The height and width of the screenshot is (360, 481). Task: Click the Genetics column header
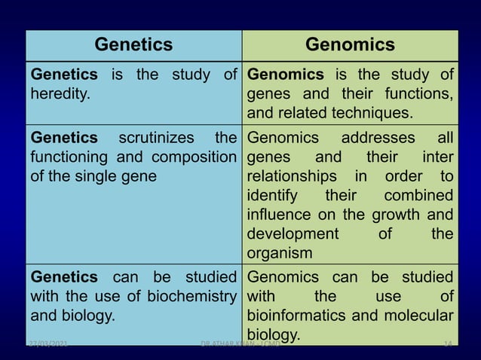point(133,45)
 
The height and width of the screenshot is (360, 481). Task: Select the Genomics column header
point(350,45)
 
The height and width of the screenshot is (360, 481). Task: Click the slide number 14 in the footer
point(447,345)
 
